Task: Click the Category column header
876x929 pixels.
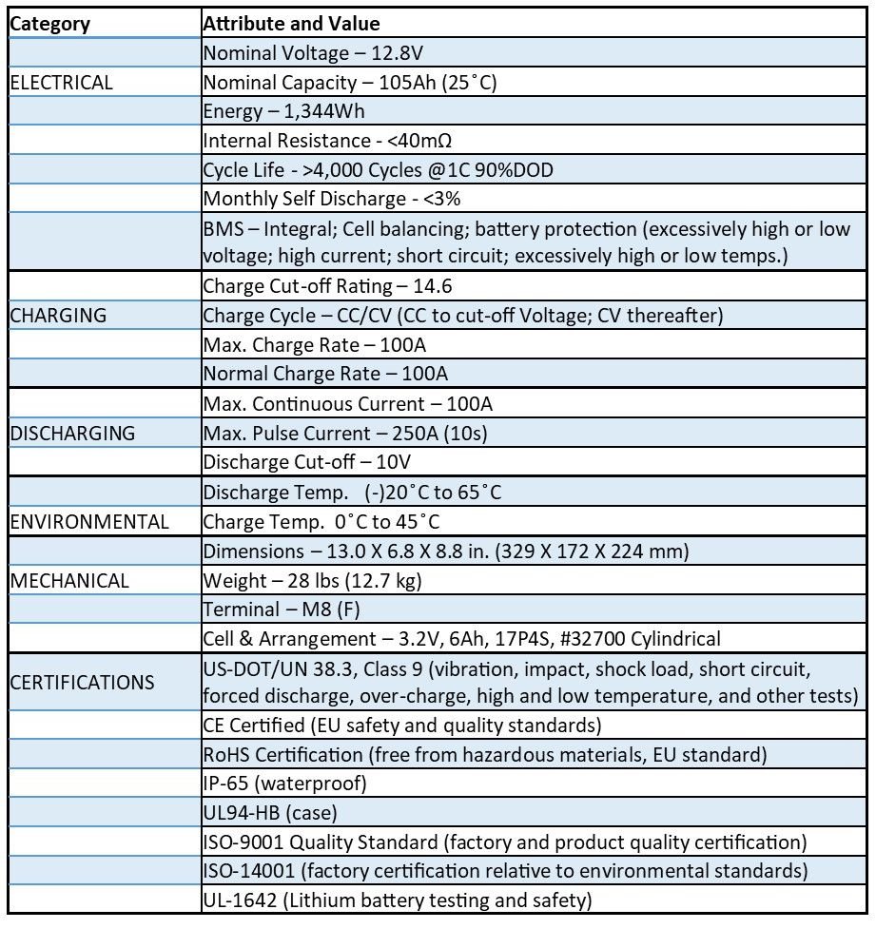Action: click(49, 24)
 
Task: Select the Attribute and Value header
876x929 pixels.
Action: click(291, 24)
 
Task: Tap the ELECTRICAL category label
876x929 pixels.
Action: click(61, 83)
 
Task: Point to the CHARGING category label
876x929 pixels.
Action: click(58, 316)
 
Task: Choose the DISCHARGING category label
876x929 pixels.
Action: click(72, 434)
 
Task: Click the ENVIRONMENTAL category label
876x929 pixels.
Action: click(89, 522)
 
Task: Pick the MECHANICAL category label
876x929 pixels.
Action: click(69, 580)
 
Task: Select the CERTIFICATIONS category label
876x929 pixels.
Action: click(82, 683)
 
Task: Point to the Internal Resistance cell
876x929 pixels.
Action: click(327, 142)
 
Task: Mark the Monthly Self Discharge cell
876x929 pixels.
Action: click(333, 200)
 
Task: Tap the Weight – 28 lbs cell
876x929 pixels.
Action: click(313, 580)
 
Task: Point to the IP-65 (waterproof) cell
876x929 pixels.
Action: click(285, 784)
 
